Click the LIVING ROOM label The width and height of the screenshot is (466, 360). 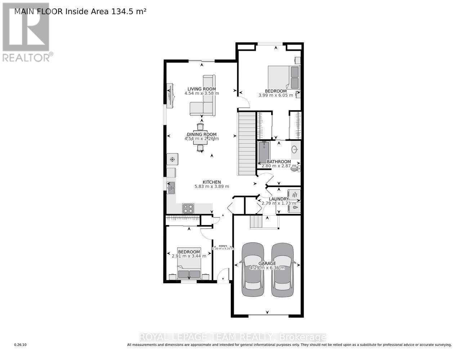point(201,89)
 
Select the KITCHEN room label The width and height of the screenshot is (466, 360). point(212,182)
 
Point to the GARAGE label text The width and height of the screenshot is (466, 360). point(267,264)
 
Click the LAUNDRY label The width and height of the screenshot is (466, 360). point(279,199)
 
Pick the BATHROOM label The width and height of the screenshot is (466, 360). point(278,162)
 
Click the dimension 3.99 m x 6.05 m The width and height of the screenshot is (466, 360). point(275,95)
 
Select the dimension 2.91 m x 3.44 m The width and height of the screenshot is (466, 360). point(189,256)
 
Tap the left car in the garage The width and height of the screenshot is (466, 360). point(252,270)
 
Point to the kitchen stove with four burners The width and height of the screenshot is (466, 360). point(188,208)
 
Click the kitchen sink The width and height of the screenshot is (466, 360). point(171,186)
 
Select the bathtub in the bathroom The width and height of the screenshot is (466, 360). point(264,153)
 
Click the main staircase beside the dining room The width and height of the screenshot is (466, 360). point(247,143)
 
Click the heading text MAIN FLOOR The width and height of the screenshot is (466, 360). point(39,11)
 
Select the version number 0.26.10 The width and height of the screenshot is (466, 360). point(21,345)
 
